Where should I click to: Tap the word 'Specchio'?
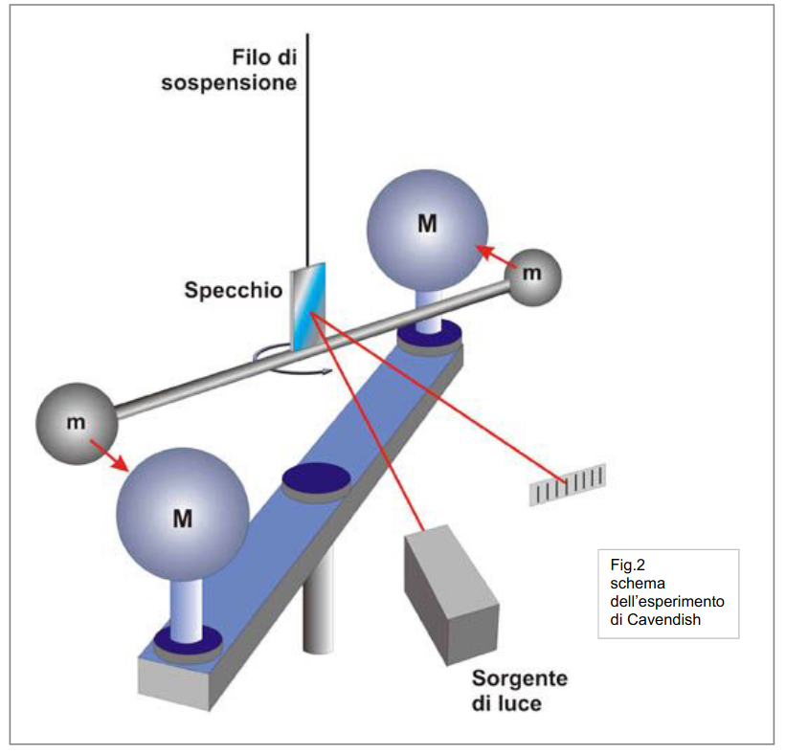point(232,289)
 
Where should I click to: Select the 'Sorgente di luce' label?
point(519,691)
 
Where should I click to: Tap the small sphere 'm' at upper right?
point(532,276)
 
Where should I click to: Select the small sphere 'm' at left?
point(76,421)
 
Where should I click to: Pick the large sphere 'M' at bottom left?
point(183,518)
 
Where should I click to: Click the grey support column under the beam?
point(318,603)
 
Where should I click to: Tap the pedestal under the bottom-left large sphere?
point(187,612)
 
